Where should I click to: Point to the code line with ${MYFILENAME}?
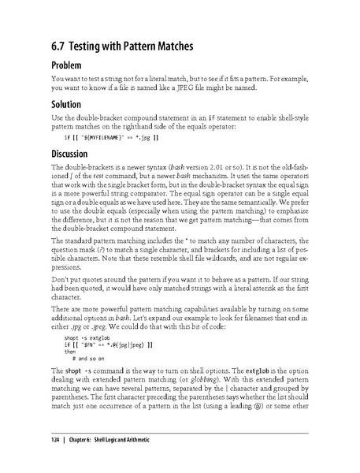110,138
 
